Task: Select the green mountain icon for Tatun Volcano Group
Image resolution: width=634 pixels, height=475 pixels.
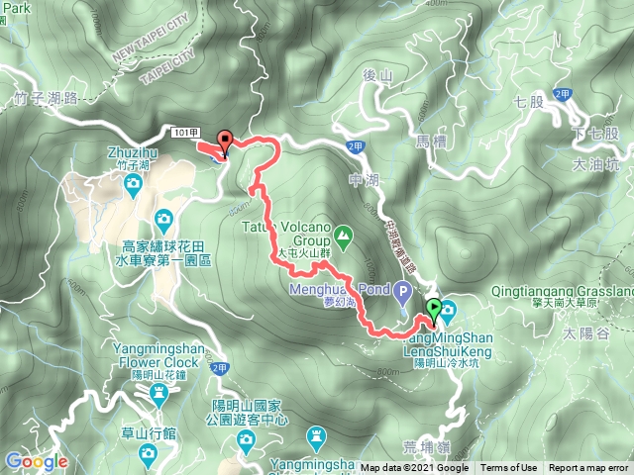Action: click(343, 237)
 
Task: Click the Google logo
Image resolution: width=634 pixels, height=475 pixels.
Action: click(36, 460)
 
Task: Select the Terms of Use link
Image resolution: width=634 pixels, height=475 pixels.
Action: click(509, 468)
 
